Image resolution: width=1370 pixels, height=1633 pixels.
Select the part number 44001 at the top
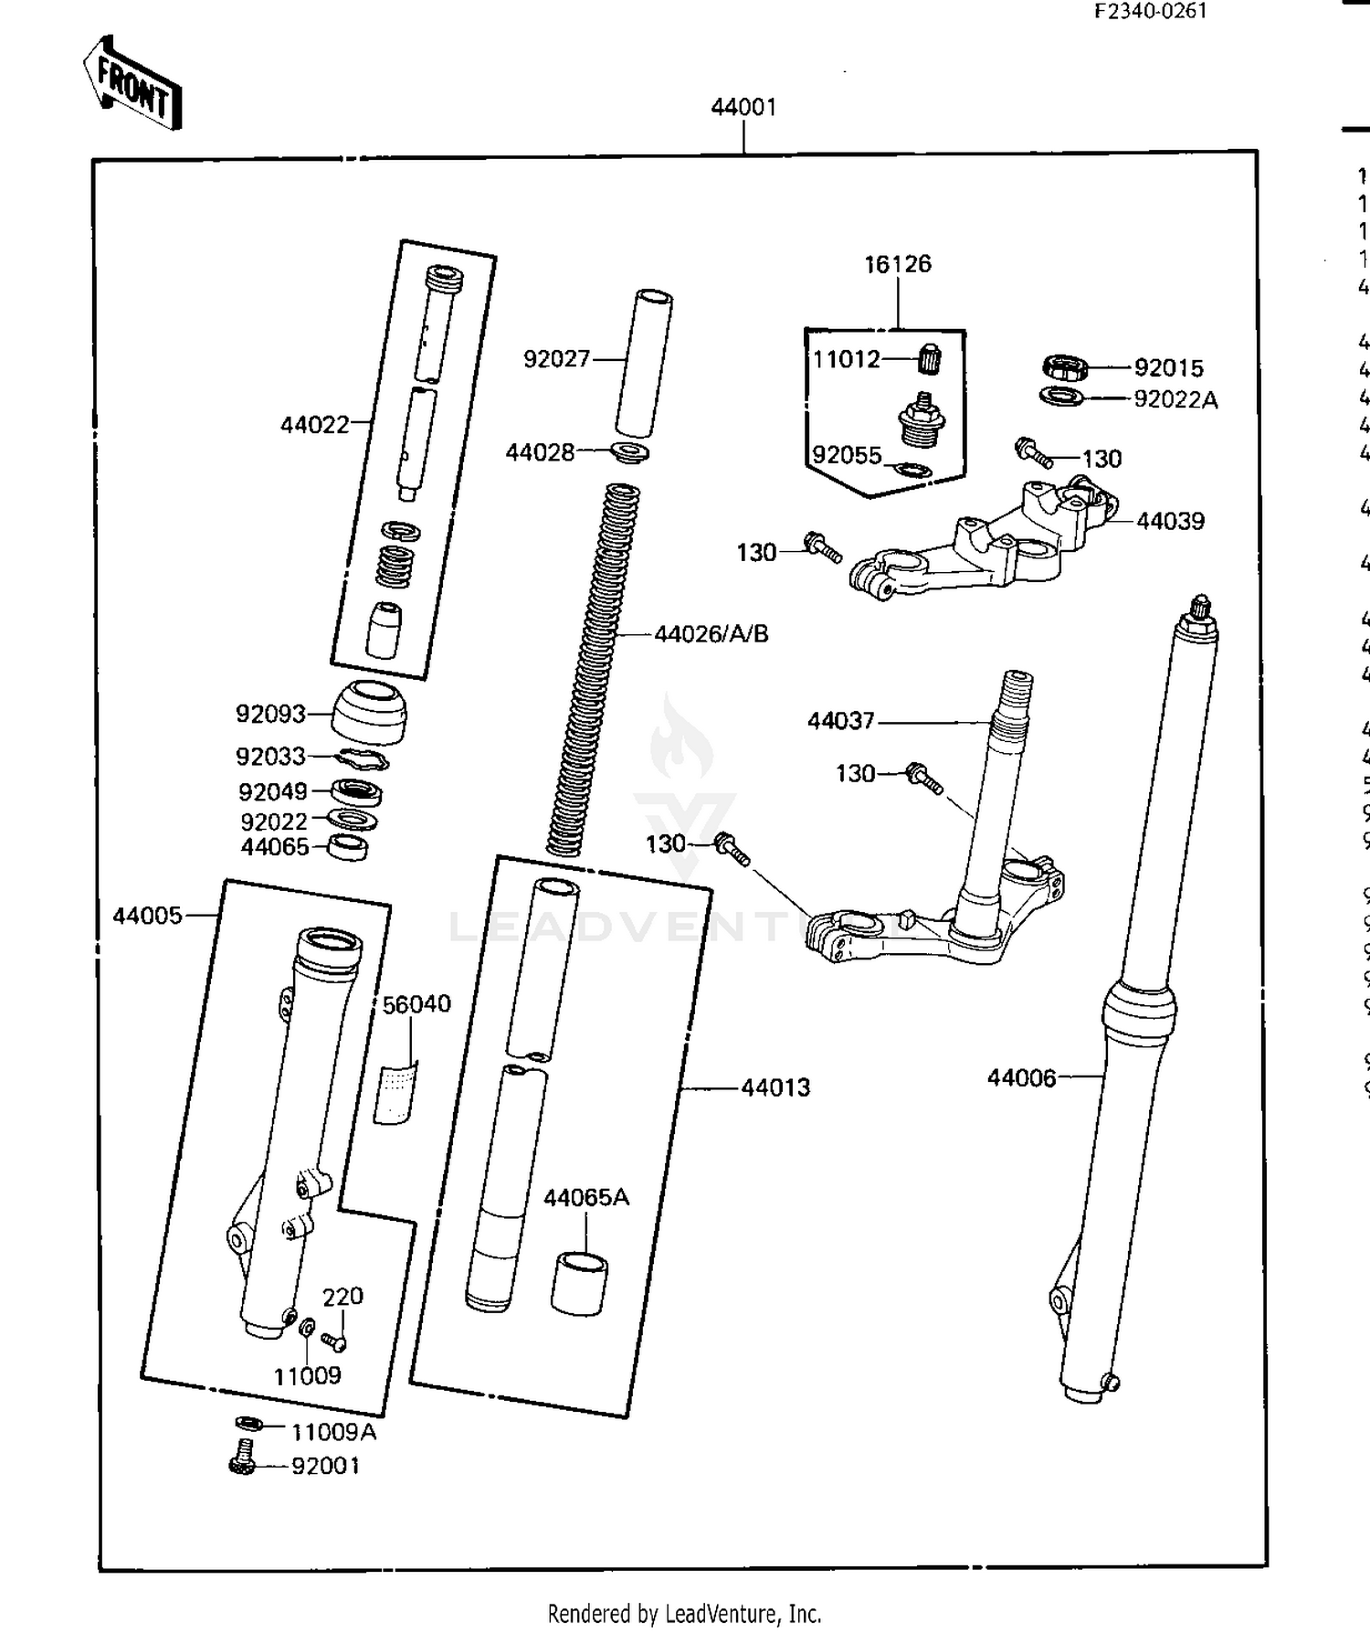click(x=743, y=107)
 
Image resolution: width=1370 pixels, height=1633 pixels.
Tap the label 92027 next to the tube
click(x=556, y=359)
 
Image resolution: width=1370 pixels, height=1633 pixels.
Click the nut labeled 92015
click(x=1064, y=368)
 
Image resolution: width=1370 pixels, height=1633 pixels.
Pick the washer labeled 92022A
click(x=1061, y=398)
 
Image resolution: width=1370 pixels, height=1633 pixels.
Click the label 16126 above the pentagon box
click(x=897, y=264)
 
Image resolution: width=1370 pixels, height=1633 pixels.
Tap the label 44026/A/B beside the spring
click(x=711, y=633)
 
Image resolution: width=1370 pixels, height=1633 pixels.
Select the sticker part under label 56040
click(x=395, y=1091)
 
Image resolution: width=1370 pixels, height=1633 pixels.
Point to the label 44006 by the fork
click(x=1020, y=1078)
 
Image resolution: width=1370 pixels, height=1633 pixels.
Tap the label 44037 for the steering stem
click(x=840, y=721)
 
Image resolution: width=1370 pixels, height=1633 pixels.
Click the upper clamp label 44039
click(x=1170, y=521)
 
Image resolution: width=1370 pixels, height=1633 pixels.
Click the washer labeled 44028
click(x=630, y=452)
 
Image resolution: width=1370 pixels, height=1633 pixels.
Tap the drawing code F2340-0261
click(x=1151, y=11)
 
